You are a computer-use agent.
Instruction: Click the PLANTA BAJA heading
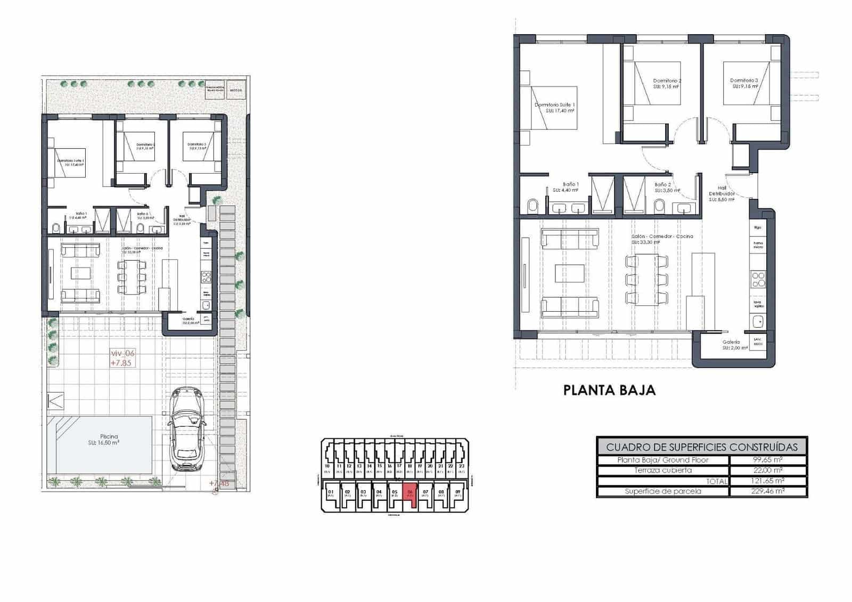coord(609,390)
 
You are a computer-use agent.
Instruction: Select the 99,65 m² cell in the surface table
coord(767,460)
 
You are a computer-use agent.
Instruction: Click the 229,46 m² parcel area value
coord(767,491)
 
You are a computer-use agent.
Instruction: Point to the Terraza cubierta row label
coord(663,470)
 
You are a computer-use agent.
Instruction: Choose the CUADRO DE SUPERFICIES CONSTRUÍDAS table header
coord(702,447)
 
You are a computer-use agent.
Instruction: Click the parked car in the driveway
coord(187,429)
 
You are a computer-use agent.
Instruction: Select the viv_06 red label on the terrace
coord(122,353)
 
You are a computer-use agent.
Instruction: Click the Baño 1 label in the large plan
coord(570,184)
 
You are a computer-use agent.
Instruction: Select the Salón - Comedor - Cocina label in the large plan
coord(662,237)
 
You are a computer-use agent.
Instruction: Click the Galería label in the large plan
coord(732,343)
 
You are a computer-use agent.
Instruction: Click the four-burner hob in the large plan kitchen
coord(758,280)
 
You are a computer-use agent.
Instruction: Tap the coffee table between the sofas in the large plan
coord(569,273)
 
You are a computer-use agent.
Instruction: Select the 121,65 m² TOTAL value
coord(767,481)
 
